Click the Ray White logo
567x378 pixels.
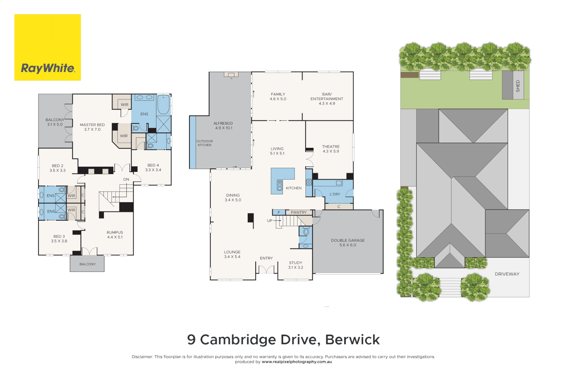pyautogui.click(x=48, y=48)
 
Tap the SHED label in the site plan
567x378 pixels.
pyautogui.click(x=518, y=86)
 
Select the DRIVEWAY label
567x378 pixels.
pyautogui.click(x=507, y=274)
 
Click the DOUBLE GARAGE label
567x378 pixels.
pyautogui.click(x=348, y=240)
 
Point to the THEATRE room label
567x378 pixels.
pyautogui.click(x=331, y=147)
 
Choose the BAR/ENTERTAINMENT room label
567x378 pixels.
pyautogui.click(x=327, y=97)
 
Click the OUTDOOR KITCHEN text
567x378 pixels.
pyautogui.click(x=204, y=143)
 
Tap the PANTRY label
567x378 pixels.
pyautogui.click(x=299, y=212)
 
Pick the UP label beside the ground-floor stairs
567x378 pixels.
pyautogui.click(x=269, y=221)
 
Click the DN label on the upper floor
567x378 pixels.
pyautogui.click(x=126, y=180)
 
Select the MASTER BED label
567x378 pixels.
pyautogui.click(x=92, y=125)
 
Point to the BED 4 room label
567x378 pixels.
pyautogui.click(x=153, y=165)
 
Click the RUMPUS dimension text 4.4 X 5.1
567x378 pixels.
pyautogui.click(x=115, y=237)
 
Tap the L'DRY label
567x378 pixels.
pyautogui.click(x=335, y=194)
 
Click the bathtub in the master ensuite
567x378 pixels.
pyautogui.click(x=163, y=105)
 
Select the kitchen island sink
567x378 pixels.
pyautogui.click(x=279, y=185)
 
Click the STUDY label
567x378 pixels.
pyautogui.click(x=295, y=263)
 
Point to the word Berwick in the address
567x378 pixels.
pyautogui.click(x=352, y=339)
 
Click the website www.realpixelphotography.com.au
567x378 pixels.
pyautogui.click(x=296, y=362)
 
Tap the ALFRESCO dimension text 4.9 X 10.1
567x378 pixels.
pyautogui.click(x=223, y=128)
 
